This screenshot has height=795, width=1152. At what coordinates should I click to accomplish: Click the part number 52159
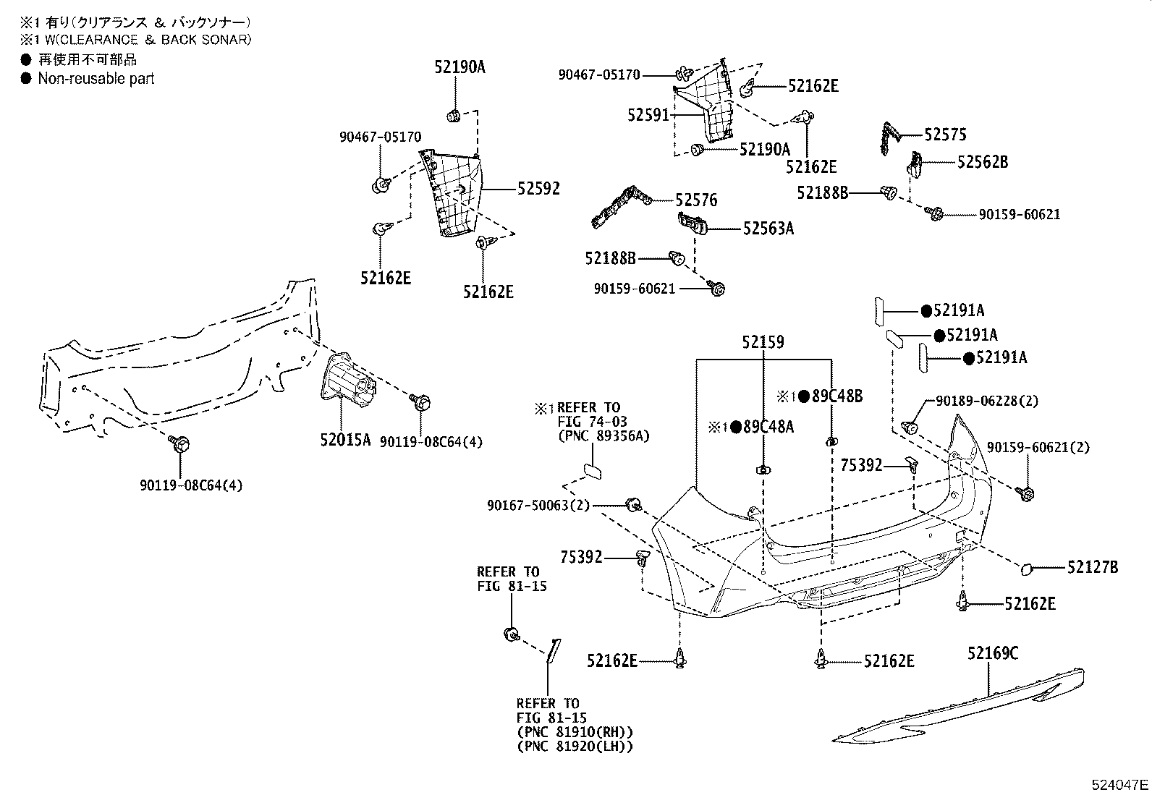click(762, 341)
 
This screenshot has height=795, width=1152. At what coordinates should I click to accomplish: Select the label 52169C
click(993, 654)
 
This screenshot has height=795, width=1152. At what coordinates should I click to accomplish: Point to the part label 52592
click(538, 189)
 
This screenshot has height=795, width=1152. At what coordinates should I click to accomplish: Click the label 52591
click(649, 114)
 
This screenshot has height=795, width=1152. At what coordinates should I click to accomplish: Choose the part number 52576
click(696, 200)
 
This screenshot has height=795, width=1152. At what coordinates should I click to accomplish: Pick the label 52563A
click(768, 229)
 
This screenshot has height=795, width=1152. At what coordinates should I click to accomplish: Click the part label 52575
click(945, 135)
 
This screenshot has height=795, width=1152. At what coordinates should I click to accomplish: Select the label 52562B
click(982, 162)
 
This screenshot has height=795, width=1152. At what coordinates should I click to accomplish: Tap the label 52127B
click(1092, 568)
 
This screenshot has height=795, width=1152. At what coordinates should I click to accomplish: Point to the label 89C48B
click(837, 396)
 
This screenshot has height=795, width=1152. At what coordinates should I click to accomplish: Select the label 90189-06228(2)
click(986, 401)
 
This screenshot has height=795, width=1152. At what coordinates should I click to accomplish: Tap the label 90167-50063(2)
click(538, 505)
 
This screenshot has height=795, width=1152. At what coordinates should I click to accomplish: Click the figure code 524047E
click(1120, 784)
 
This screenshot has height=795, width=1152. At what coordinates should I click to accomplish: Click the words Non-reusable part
click(96, 79)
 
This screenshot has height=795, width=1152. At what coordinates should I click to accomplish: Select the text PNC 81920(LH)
click(575, 747)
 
